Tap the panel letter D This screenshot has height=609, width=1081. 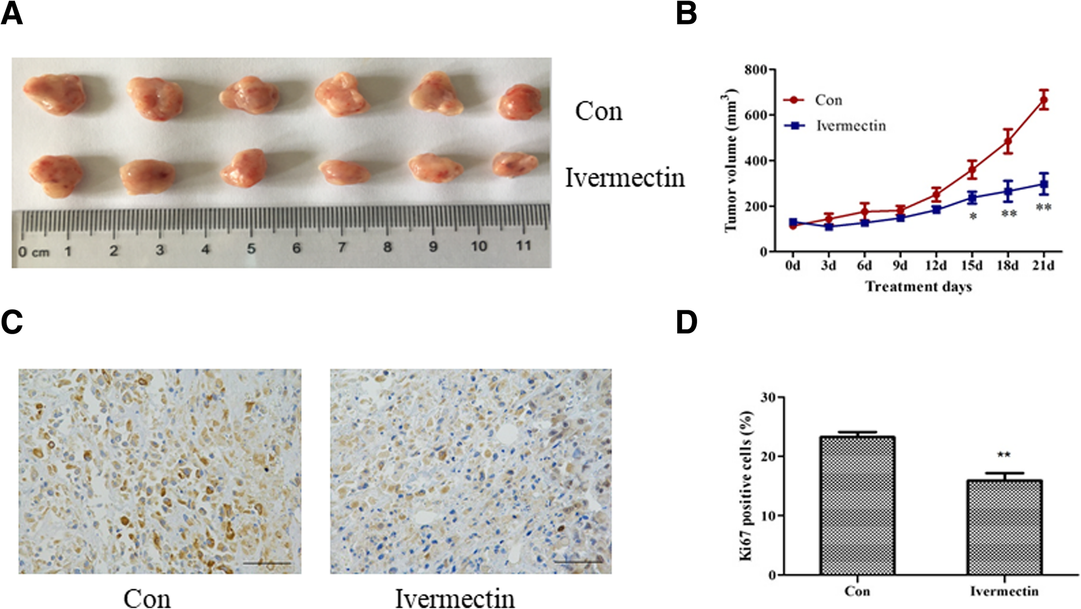pos(686,323)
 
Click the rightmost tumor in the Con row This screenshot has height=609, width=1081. pos(519,102)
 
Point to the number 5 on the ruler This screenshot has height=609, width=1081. pos(251,248)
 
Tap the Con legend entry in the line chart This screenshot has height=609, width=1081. pos(828,100)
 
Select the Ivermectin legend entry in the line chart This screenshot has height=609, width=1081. pos(850,126)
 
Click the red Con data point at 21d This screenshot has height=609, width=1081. pos(1043,100)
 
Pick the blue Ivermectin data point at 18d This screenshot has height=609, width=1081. pos(1008,192)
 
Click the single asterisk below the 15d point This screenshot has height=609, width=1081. pos(973,217)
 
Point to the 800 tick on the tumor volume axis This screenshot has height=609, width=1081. pos(755,70)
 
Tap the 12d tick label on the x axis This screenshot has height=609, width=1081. pos(936,266)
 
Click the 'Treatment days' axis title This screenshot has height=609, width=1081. pos(918,286)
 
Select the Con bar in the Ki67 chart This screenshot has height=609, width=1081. pos(857,505)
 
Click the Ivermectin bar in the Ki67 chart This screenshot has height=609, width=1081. pos(1004,527)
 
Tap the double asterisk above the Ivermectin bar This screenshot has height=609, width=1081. pos(1003,455)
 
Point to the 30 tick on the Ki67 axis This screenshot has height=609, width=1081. pos(768,397)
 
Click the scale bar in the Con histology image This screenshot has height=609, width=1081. pos(267,563)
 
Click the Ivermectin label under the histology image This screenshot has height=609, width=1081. pos(454,598)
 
